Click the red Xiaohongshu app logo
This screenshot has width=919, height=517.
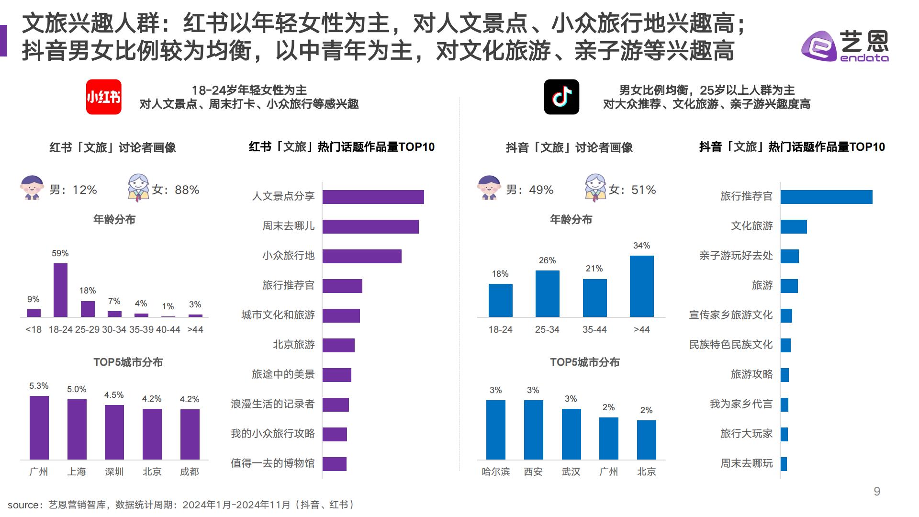point(103,97)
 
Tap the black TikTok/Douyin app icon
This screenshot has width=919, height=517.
point(561,97)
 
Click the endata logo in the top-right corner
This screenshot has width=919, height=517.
point(845,46)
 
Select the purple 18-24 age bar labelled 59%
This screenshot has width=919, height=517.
point(60,290)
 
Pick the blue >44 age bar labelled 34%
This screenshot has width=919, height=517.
point(641,286)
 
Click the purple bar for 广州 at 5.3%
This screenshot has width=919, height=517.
point(39,427)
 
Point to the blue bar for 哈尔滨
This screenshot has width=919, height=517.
point(495,429)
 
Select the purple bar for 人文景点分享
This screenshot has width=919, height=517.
point(373,197)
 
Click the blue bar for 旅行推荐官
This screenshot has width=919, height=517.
point(826,197)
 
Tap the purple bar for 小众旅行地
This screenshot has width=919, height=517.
point(362,256)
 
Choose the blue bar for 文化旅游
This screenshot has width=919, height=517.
point(794,226)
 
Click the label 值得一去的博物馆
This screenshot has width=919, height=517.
point(273,463)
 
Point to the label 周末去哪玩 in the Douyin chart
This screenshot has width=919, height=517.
point(746,463)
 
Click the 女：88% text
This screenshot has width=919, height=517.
point(175,190)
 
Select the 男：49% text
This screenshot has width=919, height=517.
point(529,190)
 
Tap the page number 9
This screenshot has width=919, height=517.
point(877,492)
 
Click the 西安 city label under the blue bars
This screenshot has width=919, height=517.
point(533,472)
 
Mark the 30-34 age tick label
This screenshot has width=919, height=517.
point(114,329)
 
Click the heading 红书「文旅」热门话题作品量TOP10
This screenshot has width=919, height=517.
point(341,147)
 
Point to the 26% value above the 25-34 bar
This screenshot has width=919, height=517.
point(547,260)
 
